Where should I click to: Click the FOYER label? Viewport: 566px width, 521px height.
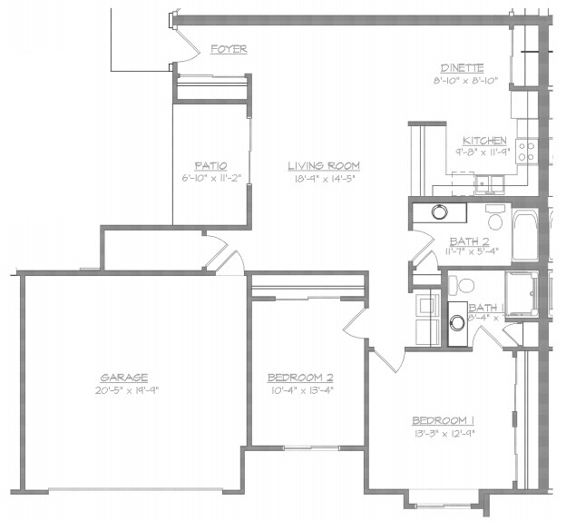pyautogui.click(x=229, y=49)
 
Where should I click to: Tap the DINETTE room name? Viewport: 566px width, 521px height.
pyautogui.click(x=462, y=68)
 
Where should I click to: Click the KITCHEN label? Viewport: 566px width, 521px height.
pyautogui.click(x=484, y=141)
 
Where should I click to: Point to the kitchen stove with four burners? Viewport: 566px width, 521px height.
pyautogui.click(x=528, y=150)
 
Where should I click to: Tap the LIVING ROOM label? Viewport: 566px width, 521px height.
pyautogui.click(x=324, y=166)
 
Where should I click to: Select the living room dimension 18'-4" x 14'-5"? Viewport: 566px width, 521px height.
pyautogui.click(x=324, y=178)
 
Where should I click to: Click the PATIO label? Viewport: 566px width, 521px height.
pyautogui.click(x=209, y=166)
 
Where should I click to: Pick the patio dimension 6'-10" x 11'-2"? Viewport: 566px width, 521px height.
pyautogui.click(x=209, y=178)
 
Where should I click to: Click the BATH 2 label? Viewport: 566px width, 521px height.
pyautogui.click(x=469, y=241)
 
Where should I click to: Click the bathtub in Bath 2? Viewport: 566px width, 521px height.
pyautogui.click(x=526, y=234)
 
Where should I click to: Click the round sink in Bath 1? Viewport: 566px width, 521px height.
pyautogui.click(x=457, y=320)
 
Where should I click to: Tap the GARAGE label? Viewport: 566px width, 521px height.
pyautogui.click(x=124, y=378)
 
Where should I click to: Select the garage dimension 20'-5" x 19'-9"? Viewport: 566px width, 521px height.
pyautogui.click(x=124, y=389)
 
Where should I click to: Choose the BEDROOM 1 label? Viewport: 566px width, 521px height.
pyautogui.click(x=444, y=421)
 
